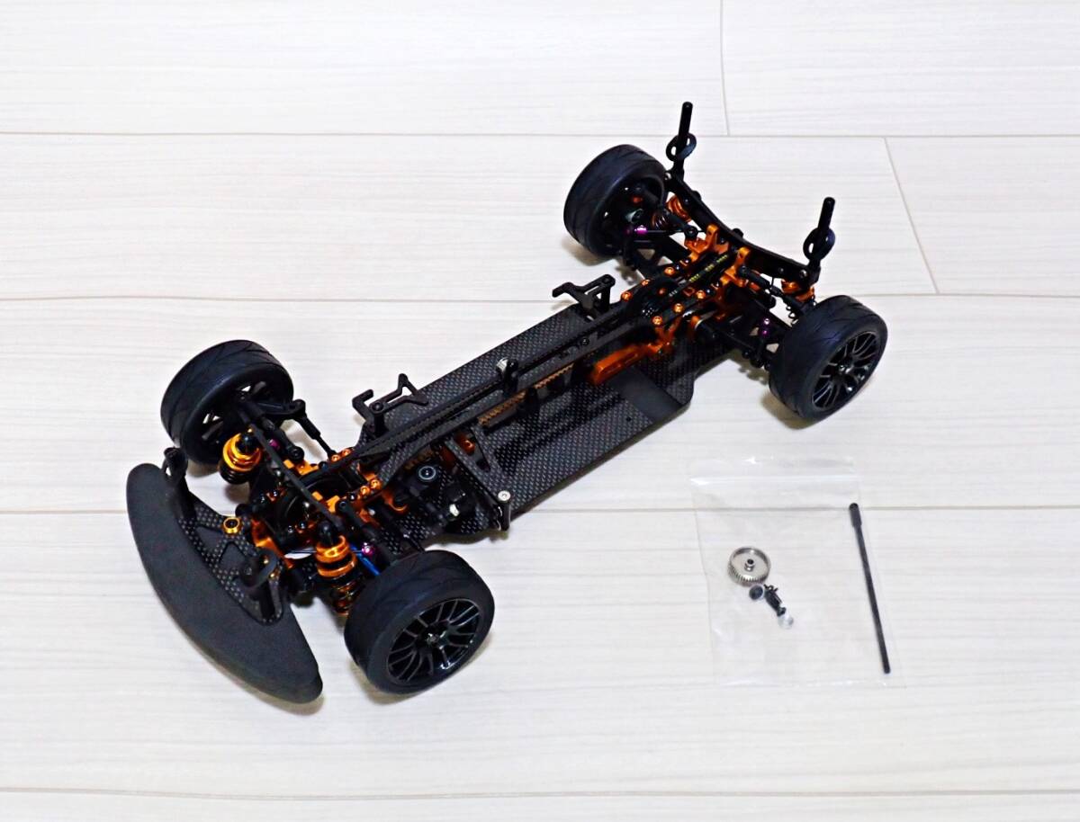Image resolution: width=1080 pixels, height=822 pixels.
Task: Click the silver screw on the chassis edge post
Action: click(503, 496)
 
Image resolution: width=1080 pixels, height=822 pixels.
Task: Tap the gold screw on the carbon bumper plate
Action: click(231, 524)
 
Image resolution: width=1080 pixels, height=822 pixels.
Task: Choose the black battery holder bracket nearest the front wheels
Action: click(387, 401)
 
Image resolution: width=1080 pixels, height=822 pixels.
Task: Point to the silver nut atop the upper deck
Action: click(506, 367)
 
